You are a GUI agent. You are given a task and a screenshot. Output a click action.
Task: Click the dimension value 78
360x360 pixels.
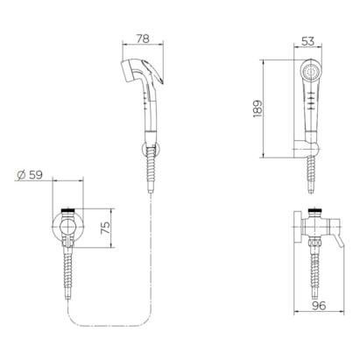(x=143, y=39)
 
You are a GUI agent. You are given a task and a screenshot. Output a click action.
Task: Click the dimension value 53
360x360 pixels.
(x=307, y=41)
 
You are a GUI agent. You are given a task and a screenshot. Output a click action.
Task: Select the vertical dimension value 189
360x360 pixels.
(x=258, y=109)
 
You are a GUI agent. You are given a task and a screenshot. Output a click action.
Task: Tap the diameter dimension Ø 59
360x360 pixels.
(x=30, y=174)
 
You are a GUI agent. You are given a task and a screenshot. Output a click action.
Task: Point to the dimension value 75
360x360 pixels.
(x=105, y=228)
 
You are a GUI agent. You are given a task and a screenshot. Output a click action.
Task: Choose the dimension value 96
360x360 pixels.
(x=319, y=306)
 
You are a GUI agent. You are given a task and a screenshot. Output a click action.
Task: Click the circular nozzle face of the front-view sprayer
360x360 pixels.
(x=309, y=71)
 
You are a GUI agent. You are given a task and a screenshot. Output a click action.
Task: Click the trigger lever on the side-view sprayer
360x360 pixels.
(x=154, y=72)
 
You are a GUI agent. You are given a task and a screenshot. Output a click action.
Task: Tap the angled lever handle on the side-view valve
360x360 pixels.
(x=340, y=243)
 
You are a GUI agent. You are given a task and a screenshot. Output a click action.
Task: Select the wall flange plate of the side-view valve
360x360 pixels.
(x=297, y=228)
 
